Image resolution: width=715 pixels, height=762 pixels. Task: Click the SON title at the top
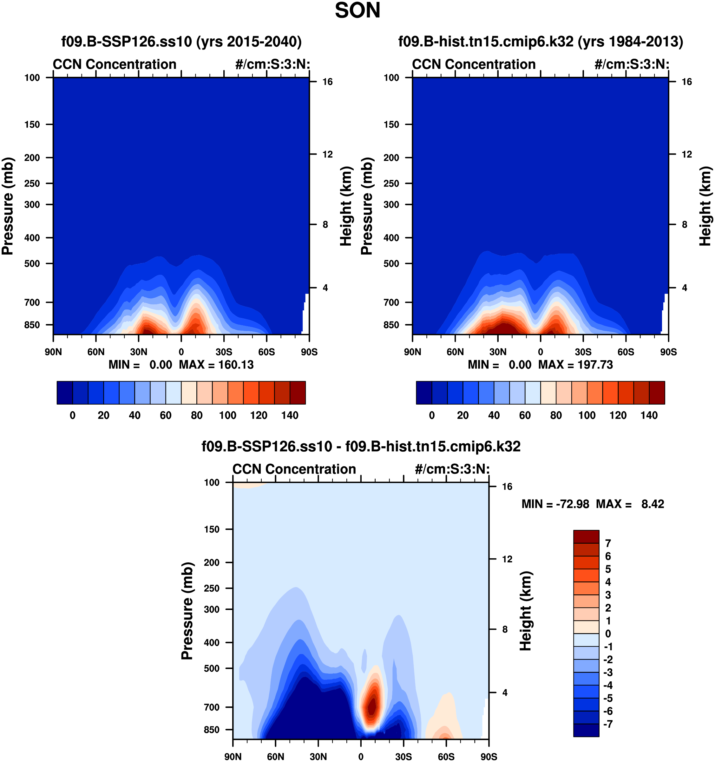click(x=357, y=11)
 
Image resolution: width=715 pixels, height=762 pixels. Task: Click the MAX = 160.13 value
click(x=216, y=365)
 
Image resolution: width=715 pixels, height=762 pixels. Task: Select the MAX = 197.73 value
click(x=575, y=365)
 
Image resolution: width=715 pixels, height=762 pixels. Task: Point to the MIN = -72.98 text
click(x=555, y=504)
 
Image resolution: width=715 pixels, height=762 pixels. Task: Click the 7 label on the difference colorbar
click(x=608, y=543)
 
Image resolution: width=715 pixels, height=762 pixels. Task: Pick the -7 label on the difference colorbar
click(x=608, y=724)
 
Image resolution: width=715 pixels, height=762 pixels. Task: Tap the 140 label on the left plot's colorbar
click(x=290, y=415)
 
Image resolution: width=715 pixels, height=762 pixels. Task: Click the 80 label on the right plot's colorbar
click(x=556, y=415)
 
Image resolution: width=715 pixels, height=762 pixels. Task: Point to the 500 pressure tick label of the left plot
click(x=32, y=264)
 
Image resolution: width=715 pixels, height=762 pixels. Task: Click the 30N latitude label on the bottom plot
click(x=318, y=757)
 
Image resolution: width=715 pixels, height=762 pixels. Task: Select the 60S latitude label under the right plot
click(x=626, y=352)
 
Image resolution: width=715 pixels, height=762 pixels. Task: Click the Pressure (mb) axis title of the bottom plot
click(x=187, y=611)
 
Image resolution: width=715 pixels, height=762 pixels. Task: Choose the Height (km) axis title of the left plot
click(x=346, y=206)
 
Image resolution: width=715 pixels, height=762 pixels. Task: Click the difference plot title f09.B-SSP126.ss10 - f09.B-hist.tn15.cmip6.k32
click(x=361, y=447)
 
